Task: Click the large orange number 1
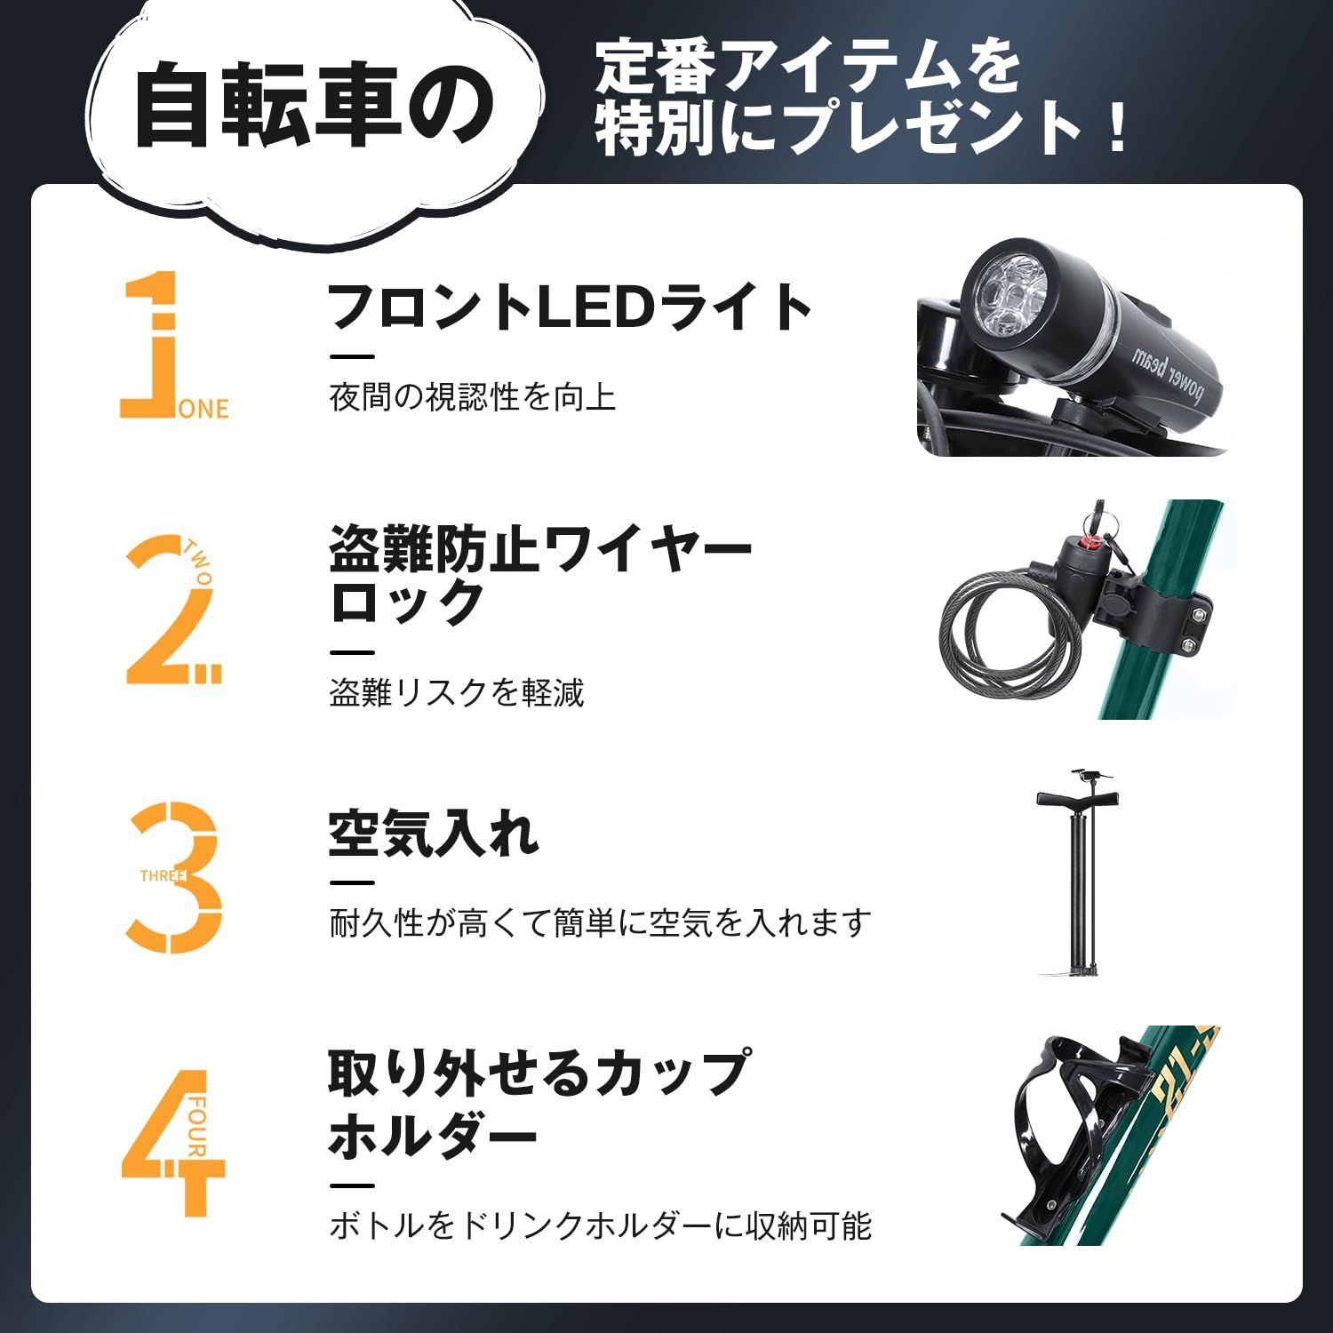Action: [x=151, y=347]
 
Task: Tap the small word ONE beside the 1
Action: [x=204, y=410]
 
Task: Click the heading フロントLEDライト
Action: [x=570, y=307]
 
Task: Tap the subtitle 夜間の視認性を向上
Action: [x=472, y=397]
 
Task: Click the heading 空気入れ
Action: [x=434, y=834]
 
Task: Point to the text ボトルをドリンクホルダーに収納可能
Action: [x=601, y=1226]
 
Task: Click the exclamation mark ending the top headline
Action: [x=1116, y=129]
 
